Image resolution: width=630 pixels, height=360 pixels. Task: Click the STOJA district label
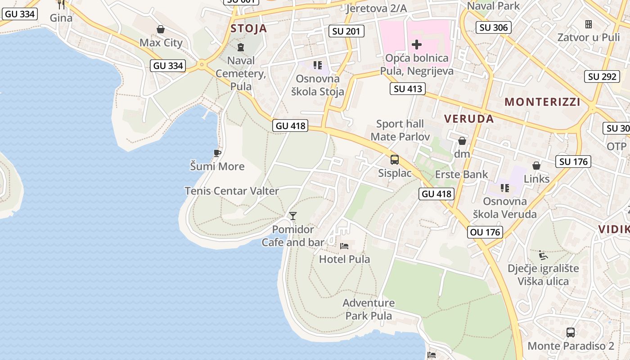[249, 29]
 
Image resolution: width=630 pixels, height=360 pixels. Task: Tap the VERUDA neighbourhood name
[469, 119]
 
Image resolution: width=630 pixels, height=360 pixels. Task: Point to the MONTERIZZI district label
[542, 102]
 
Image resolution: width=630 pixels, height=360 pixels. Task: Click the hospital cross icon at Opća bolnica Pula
[417, 45]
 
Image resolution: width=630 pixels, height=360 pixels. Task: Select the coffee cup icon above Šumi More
[217, 153]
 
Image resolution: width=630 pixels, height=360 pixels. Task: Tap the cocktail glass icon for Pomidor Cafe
[293, 216]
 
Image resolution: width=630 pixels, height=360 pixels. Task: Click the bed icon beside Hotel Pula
[344, 246]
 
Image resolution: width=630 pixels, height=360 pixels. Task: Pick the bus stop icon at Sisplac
[395, 160]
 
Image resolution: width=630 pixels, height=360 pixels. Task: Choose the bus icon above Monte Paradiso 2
[571, 333]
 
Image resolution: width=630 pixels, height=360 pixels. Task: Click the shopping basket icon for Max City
[161, 30]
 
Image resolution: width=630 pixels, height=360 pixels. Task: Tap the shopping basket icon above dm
[462, 141]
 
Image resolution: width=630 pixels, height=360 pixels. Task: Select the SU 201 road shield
[346, 31]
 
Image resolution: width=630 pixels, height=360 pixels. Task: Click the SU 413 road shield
[408, 89]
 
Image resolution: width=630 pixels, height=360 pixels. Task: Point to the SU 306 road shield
[494, 27]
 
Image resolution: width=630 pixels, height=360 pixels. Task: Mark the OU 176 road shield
[485, 232]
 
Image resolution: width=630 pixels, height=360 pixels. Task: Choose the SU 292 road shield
[602, 76]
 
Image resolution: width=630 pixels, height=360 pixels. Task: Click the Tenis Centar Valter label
[232, 191]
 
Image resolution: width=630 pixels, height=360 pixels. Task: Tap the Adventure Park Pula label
[369, 309]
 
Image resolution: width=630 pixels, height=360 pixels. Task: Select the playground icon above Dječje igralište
[543, 256]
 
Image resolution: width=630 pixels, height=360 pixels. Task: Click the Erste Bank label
[462, 174]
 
